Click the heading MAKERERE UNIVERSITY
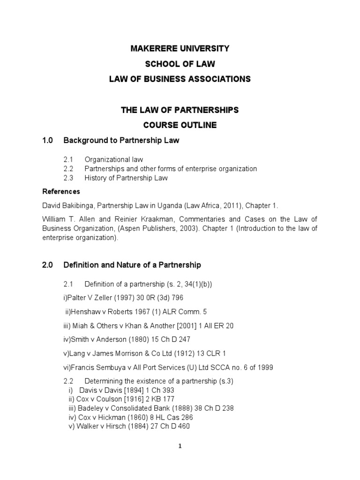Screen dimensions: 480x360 pyautogui.click(x=180, y=48)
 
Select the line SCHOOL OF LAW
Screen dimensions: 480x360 pyautogui.click(x=180, y=64)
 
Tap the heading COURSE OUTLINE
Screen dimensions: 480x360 pyautogui.click(x=180, y=125)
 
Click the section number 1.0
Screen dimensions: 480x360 pyautogui.click(x=49, y=140)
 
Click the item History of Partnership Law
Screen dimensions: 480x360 pyautogui.click(x=126, y=178)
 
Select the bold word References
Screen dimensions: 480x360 pyautogui.click(x=61, y=191)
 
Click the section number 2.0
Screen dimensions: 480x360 pyautogui.click(x=49, y=265)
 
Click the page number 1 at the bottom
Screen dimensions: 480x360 pyautogui.click(x=180, y=446)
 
